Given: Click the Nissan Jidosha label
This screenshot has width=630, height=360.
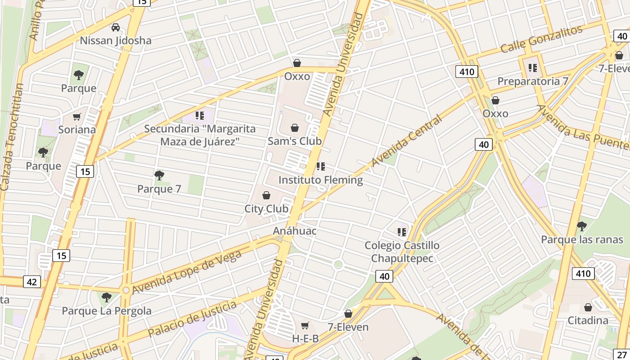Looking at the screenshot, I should point(116,40).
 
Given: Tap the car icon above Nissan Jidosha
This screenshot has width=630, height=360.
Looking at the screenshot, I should point(116,27).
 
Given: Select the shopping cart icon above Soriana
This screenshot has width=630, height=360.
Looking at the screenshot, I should point(77,117).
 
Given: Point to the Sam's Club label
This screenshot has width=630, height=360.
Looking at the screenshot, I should point(295,141).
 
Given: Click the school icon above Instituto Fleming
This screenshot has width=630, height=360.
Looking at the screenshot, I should point(320,167).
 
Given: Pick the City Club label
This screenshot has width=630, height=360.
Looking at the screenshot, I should point(266,209).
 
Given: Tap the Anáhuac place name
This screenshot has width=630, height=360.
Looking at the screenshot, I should point(295,231).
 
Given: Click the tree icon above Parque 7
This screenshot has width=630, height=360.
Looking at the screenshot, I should point(159,175).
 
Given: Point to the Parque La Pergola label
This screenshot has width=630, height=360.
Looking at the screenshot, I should point(107,311).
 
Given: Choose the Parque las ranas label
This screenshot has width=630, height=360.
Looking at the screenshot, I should point(582,239).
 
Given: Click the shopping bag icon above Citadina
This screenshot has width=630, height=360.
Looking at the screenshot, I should point(588,308).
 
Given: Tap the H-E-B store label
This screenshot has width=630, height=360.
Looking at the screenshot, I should point(306,338).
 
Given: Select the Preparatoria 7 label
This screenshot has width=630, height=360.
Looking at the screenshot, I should point(533,81).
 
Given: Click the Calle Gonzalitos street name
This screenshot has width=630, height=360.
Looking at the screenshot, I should point(541,39).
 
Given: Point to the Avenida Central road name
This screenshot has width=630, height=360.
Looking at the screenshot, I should point(406,140).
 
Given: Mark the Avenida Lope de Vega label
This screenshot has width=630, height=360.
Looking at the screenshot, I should point(187,272).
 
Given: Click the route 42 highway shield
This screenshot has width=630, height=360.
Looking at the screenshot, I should point(31,282).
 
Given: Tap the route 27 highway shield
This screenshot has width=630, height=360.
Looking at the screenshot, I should point(623,354).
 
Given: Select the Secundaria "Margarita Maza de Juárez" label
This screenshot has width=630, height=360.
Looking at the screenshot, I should point(200,135).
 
